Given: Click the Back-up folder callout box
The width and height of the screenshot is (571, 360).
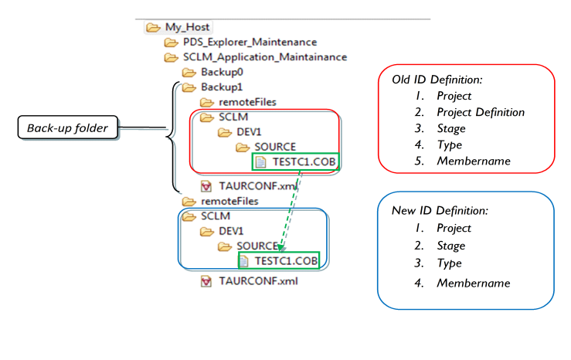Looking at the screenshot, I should (67, 128).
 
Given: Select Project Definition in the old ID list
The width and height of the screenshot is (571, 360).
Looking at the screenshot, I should (480, 112).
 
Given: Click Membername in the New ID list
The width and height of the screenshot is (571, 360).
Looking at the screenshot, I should (473, 283).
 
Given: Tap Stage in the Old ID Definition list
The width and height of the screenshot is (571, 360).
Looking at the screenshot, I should (450, 128).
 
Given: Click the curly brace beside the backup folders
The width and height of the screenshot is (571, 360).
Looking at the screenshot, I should (170, 136).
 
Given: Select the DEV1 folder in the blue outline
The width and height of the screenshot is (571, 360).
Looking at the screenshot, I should (231, 231).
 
